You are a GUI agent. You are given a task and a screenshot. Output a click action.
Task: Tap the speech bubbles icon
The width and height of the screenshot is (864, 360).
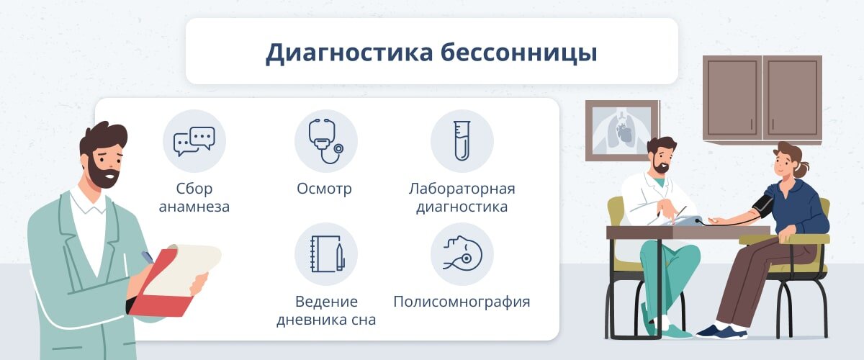pyautogui.click(x=194, y=140)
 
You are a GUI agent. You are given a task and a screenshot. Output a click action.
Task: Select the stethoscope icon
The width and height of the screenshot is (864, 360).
pyautogui.click(x=326, y=140)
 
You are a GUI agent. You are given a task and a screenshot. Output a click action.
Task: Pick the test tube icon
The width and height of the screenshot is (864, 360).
pyautogui.click(x=462, y=140)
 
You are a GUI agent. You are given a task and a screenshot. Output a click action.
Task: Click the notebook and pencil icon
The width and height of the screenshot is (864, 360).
pyautogui.click(x=326, y=253)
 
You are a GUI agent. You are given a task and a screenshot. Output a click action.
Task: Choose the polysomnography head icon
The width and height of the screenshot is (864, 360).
pyautogui.click(x=462, y=253)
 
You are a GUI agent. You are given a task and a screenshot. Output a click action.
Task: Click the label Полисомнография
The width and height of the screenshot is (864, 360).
pyautogui.click(x=462, y=302)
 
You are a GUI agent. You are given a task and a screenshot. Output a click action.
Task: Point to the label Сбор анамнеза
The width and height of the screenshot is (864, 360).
pyautogui.click(x=194, y=198)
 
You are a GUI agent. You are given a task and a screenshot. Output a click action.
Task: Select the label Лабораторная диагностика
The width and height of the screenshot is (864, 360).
pyautogui.click(x=462, y=198)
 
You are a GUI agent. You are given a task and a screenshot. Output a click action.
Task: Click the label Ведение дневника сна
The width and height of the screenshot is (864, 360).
pyautogui.click(x=326, y=310)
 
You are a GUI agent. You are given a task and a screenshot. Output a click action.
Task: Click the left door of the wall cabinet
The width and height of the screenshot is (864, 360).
pyautogui.click(x=732, y=98)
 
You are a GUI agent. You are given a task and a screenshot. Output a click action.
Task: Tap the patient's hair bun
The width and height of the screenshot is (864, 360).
pyautogui.click(x=801, y=169)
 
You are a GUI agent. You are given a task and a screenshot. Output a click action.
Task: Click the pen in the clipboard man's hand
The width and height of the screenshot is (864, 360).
pyautogui.click(x=147, y=257)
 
